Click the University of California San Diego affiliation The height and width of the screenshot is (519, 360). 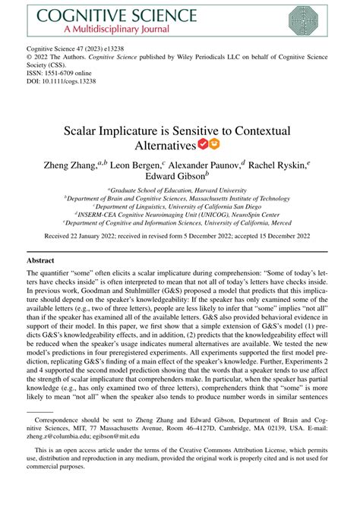pos(180,206)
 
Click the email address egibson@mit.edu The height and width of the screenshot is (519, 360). pos(131,436)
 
